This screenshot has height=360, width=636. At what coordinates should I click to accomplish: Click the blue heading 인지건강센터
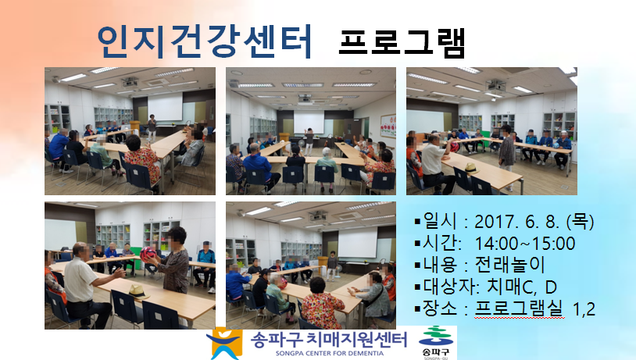tap(205, 41)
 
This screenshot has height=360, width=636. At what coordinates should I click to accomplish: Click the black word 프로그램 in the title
tap(402, 42)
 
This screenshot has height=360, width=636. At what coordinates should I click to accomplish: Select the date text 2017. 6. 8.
tap(518, 222)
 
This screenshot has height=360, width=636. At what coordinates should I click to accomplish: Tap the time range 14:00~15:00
tap(525, 244)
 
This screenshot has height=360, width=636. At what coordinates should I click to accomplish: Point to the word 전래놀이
tap(509, 266)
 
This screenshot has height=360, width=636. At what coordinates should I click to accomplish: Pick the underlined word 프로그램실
tap(519, 308)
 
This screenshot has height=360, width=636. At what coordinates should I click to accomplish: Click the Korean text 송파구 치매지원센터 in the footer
tap(328, 340)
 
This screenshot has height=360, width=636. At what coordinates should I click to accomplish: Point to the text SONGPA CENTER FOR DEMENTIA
tap(330, 353)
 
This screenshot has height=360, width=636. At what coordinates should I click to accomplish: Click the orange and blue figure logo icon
tap(225, 343)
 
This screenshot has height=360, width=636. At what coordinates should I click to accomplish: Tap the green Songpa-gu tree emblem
tap(436, 336)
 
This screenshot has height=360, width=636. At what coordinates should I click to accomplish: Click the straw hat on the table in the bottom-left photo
tap(137, 291)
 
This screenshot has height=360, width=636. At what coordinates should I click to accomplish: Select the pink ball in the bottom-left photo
tap(148, 255)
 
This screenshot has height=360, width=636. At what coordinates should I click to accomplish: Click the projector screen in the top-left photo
tap(165, 108)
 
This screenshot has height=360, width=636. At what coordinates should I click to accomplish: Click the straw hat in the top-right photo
tap(471, 168)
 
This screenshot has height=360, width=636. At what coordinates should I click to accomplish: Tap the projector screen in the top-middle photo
tap(309, 123)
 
